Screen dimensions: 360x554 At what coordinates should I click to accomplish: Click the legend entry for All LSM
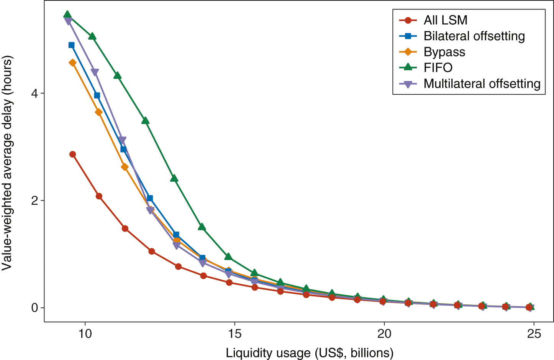coord(445,20)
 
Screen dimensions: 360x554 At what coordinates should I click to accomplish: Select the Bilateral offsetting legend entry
coord(474,36)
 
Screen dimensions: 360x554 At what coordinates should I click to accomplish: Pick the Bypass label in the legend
coord(444,52)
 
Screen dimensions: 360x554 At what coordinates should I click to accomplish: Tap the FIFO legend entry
coord(438,67)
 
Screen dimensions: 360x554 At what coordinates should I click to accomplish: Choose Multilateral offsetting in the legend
coord(482,84)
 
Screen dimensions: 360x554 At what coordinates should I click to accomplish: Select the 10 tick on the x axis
coord(85,334)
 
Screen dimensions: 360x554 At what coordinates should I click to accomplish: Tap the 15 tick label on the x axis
coord(234,334)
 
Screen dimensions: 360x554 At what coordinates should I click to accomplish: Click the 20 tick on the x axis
coord(384,334)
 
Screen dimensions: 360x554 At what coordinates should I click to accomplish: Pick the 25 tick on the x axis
coord(534,334)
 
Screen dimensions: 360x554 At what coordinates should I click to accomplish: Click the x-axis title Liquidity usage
coord(310,353)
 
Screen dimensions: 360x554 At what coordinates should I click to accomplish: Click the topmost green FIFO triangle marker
coord(67,15)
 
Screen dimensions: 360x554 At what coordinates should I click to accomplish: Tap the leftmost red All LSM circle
coord(72,154)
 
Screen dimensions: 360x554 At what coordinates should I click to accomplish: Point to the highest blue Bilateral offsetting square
coord(71,45)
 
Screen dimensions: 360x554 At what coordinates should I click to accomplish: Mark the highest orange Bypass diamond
coord(72,62)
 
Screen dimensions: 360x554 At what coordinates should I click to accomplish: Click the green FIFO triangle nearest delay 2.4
coord(174,178)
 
